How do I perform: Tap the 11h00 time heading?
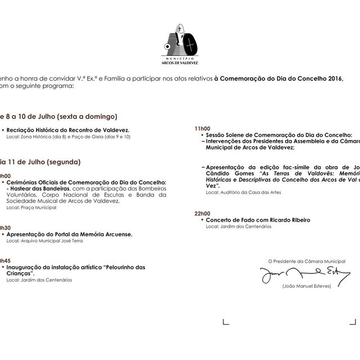click(202, 129)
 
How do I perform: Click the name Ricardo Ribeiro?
click(290, 220)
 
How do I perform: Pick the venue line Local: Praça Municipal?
click(31, 208)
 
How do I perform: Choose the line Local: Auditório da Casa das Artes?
click(243, 192)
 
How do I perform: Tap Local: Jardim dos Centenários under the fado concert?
click(238, 226)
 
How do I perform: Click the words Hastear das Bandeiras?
click(36, 189)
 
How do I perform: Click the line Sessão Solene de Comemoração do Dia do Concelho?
click(279, 136)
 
